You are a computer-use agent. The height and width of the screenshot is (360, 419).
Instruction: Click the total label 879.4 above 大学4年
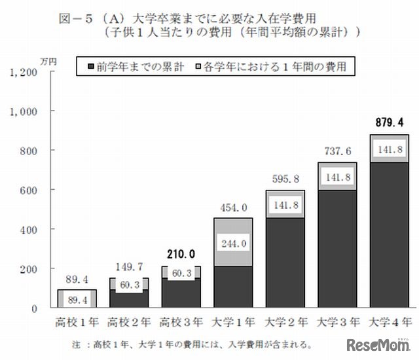pos(390,122)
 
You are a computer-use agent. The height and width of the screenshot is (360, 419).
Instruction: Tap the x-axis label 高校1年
pos(77,322)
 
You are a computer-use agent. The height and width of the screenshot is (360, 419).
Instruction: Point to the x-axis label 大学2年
pos(287,322)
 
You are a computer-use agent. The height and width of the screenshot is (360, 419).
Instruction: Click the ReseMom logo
pos(376,345)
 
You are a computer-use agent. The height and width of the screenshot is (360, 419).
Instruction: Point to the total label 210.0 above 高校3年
pos(182,253)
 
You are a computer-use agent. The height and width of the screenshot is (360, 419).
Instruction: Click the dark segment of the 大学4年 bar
pos(391,236)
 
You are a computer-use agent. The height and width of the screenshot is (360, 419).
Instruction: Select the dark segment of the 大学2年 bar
pos(287,262)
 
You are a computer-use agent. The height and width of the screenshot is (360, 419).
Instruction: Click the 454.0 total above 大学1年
pos(234,207)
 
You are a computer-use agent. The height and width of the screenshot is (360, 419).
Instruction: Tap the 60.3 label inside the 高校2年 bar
pos(130,285)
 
